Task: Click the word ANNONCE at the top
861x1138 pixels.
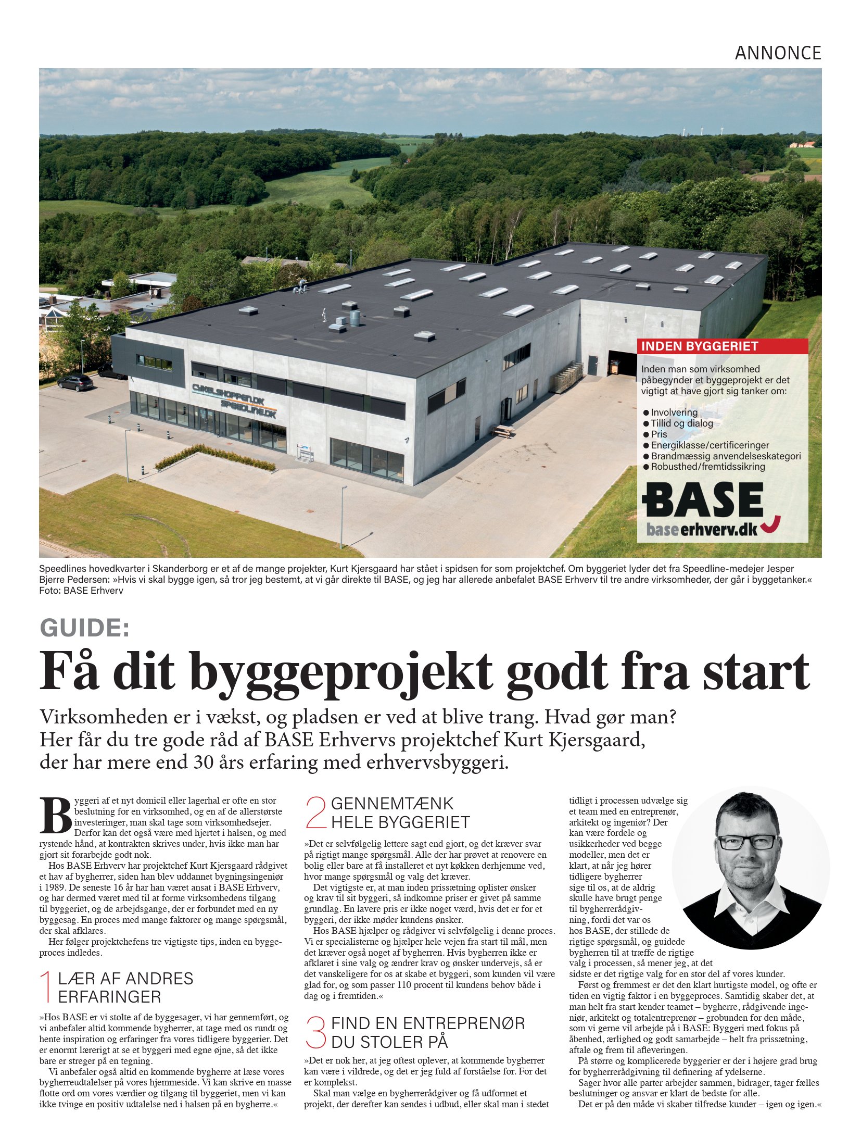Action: pyautogui.click(x=777, y=53)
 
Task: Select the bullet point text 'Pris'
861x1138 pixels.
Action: pyautogui.click(x=659, y=434)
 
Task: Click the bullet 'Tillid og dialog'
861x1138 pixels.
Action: pyautogui.click(x=681, y=423)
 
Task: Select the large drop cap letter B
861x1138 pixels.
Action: pyautogui.click(x=55, y=816)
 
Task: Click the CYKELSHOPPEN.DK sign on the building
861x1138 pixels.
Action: pyautogui.click(x=229, y=393)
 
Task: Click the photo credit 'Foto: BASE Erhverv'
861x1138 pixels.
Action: pyautogui.click(x=81, y=591)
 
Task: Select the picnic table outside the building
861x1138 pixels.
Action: pyautogui.click(x=502, y=431)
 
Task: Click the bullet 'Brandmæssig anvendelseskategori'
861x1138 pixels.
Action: pyautogui.click(x=725, y=456)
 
